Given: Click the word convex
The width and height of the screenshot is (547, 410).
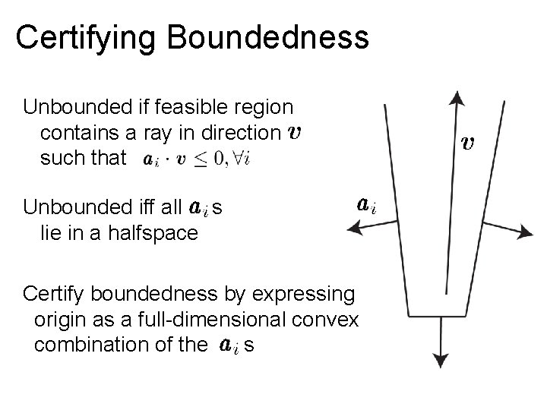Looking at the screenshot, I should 329,320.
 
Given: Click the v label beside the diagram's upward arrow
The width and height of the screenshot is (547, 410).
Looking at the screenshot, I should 470,142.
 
